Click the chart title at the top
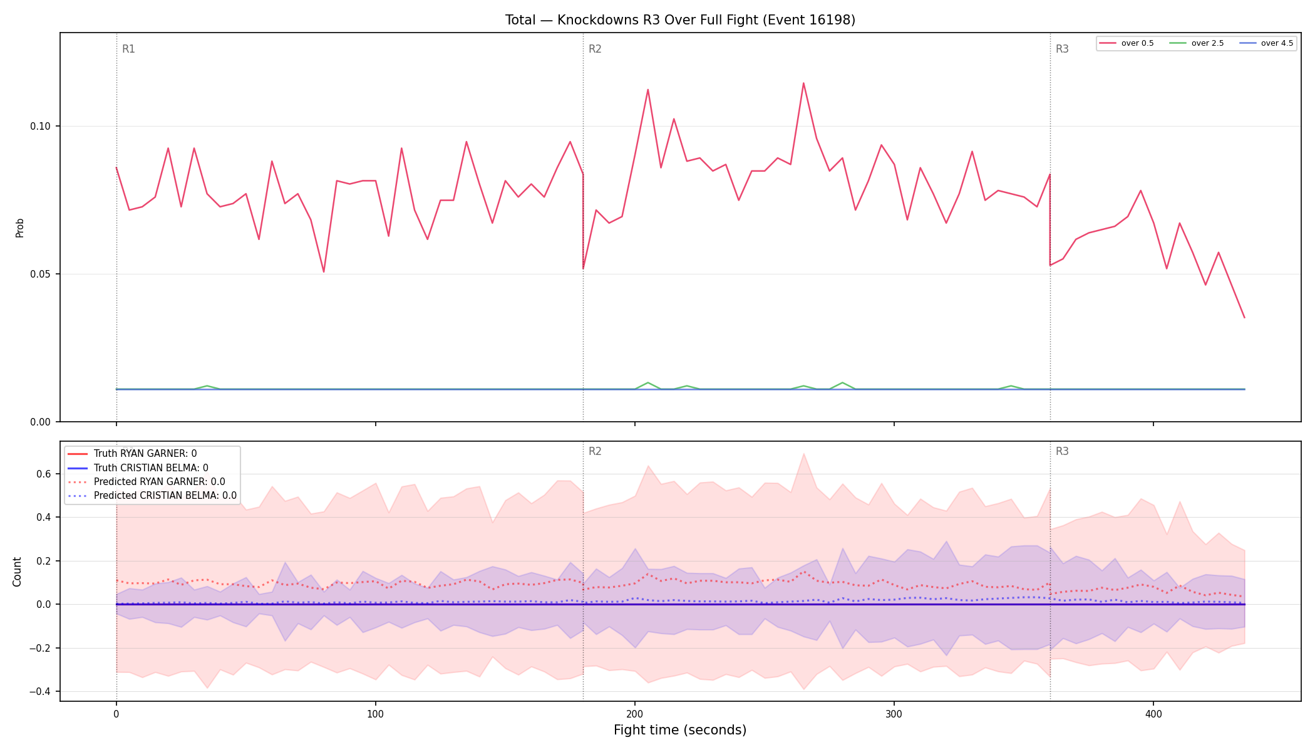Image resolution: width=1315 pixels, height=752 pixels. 680,20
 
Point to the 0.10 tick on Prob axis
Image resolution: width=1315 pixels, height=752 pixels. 41,127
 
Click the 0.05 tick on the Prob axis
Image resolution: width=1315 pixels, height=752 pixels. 41,274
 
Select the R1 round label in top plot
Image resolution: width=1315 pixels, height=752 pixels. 128,49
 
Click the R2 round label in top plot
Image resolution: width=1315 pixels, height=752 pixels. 595,49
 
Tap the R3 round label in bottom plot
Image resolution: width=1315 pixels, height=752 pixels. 1062,451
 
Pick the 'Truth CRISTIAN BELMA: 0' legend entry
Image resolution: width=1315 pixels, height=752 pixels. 151,468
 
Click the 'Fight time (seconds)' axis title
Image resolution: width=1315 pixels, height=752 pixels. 680,730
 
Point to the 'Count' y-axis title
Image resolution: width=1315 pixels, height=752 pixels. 17,572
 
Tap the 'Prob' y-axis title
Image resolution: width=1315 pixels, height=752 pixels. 19,227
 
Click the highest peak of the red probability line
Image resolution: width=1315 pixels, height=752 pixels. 803,83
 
